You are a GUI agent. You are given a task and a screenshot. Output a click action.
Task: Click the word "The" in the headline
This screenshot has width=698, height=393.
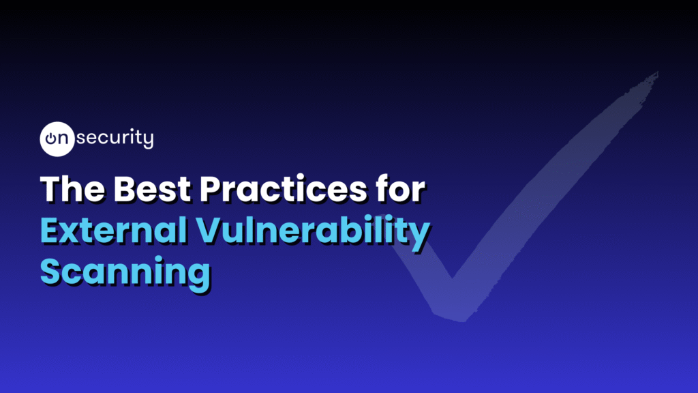pos(73,189)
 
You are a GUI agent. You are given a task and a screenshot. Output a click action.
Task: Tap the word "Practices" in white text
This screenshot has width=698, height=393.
pos(283,189)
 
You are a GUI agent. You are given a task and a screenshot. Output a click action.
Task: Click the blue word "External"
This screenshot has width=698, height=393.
pos(114,230)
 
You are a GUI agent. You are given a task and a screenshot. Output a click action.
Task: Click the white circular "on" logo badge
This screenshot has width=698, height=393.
pos(57,139)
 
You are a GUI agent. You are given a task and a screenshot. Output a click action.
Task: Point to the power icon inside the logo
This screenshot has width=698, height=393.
pos(51,139)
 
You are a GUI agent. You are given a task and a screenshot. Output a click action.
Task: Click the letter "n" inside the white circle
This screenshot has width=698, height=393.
pos(63,139)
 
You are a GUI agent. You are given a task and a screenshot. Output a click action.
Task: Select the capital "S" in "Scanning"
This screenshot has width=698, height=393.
pos(50,271)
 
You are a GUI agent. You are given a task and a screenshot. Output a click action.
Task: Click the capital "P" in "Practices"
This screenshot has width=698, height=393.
pos(211,189)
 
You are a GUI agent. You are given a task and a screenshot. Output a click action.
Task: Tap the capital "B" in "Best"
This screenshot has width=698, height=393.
pos(125,189)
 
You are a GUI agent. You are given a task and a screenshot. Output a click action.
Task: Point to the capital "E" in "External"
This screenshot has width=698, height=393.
pos(50,230)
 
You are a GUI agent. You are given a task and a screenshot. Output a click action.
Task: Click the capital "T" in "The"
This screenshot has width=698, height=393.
pos(50,189)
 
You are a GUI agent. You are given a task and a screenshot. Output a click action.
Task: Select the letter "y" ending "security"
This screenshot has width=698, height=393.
pos(149,141)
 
